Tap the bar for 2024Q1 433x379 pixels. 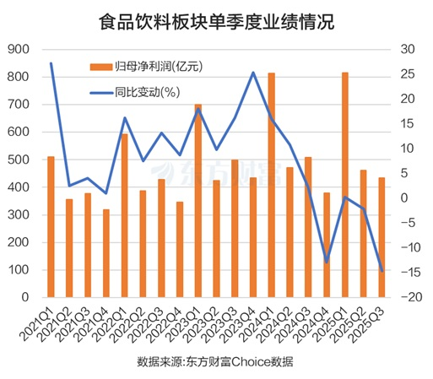pyautogui.click(x=271, y=185)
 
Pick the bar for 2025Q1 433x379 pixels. pyautogui.click(x=344, y=185)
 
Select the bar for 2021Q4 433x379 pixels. pyautogui.click(x=106, y=253)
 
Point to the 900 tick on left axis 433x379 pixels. pyautogui.click(x=17, y=50)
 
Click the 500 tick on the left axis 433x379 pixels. pyautogui.click(x=17, y=160)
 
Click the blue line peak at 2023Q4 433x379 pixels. pyautogui.click(x=253, y=73)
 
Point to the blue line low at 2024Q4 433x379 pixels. pyautogui.click(x=327, y=263)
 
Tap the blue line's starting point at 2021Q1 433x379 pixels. pyautogui.click(x=51, y=63)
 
